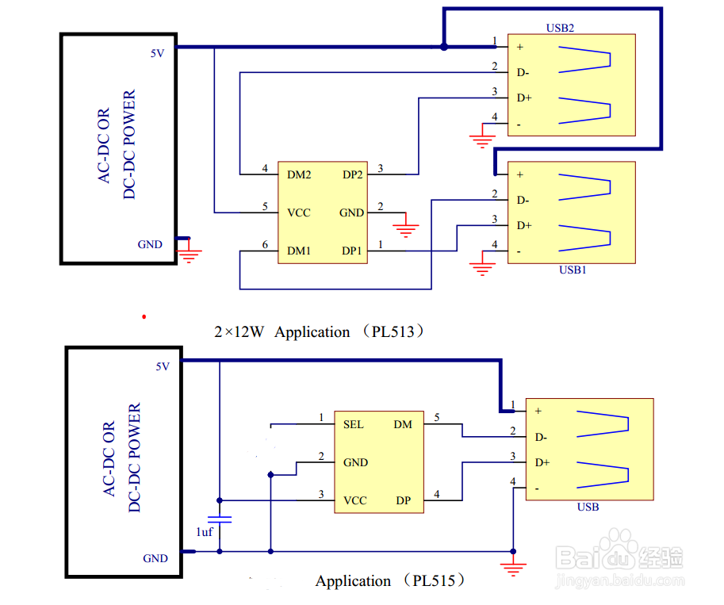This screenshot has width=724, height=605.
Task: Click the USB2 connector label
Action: click(560, 29)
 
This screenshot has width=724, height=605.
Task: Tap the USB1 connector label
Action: click(573, 270)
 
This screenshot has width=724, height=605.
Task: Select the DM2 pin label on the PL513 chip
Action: click(299, 174)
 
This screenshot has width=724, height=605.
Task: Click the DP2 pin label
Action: click(352, 174)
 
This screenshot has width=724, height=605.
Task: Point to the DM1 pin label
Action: click(299, 251)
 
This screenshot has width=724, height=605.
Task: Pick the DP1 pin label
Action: click(351, 251)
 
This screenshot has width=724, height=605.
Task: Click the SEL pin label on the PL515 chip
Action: click(353, 424)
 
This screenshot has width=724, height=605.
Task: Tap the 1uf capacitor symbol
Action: click(220, 519)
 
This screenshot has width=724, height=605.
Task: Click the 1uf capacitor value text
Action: click(204, 532)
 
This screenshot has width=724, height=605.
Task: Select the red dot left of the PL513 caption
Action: click(144, 317)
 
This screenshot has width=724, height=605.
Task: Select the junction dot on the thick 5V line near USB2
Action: click(444, 47)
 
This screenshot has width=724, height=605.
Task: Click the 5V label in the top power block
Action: click(157, 54)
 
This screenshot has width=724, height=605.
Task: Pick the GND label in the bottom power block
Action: click(155, 558)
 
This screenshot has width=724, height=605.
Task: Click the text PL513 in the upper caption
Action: click(393, 331)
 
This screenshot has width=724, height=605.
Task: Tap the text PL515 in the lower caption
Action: click(434, 580)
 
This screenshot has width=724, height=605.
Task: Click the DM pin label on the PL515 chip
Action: click(403, 424)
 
